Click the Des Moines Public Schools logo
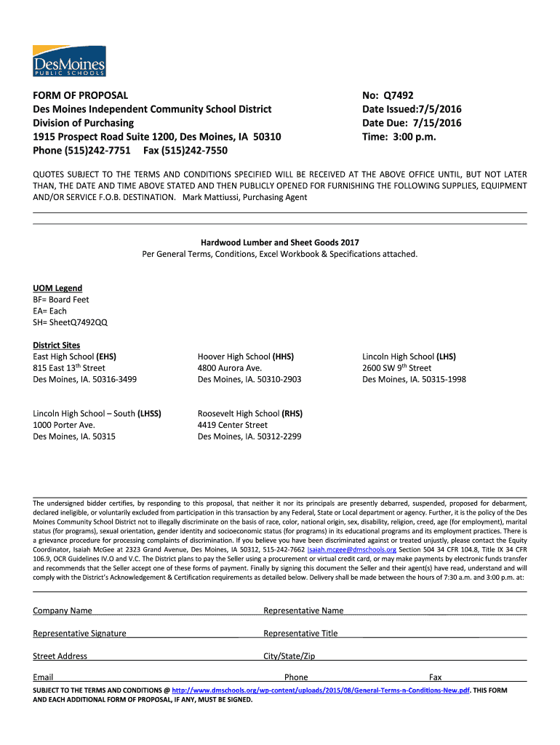coord(69,60)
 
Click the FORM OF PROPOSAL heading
coord(81,95)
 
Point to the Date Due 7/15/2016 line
coord(412,123)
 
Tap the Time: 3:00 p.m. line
coord(399,137)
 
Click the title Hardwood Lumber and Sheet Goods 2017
coord(279,242)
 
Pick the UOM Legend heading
coord(57,288)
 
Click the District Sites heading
coord(57,345)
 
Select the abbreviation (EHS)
coord(106,356)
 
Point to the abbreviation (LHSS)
coord(149,413)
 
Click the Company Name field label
coord(63,610)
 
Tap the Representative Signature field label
coord(79,633)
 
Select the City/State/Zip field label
coord(289,656)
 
